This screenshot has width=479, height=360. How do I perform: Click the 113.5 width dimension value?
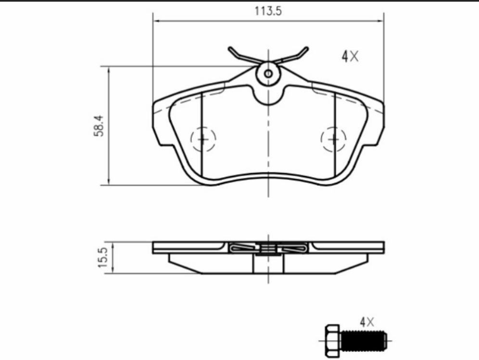[x=268, y=11]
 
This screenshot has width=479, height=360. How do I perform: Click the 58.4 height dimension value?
[x=99, y=126]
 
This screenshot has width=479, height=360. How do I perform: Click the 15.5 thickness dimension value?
[x=103, y=257]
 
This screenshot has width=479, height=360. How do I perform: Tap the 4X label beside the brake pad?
[x=350, y=56]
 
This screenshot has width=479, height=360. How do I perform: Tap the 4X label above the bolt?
[x=367, y=322]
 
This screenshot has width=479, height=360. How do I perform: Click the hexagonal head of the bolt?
[x=332, y=340]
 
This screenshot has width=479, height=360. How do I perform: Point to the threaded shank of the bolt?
[x=364, y=340]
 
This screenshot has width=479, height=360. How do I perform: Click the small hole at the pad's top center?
[x=268, y=74]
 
